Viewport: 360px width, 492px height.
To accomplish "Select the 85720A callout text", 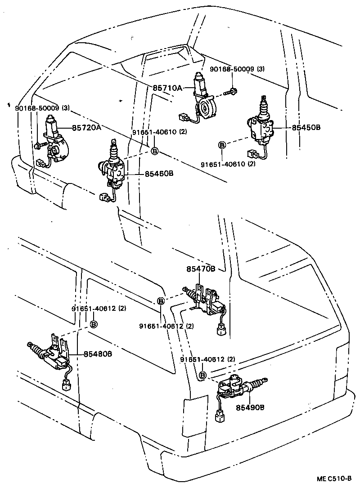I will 86,128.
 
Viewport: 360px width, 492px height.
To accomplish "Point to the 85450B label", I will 306,128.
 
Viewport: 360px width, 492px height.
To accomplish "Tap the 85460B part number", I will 159,173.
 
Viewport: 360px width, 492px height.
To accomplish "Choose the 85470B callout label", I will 201,269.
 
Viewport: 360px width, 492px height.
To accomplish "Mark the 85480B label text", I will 98,354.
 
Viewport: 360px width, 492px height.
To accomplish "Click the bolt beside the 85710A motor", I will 233,93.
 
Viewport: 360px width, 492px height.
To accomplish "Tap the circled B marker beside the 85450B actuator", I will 222,145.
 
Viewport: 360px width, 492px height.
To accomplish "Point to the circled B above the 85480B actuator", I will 94,324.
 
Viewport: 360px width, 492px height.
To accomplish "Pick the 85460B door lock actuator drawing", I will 113,166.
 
